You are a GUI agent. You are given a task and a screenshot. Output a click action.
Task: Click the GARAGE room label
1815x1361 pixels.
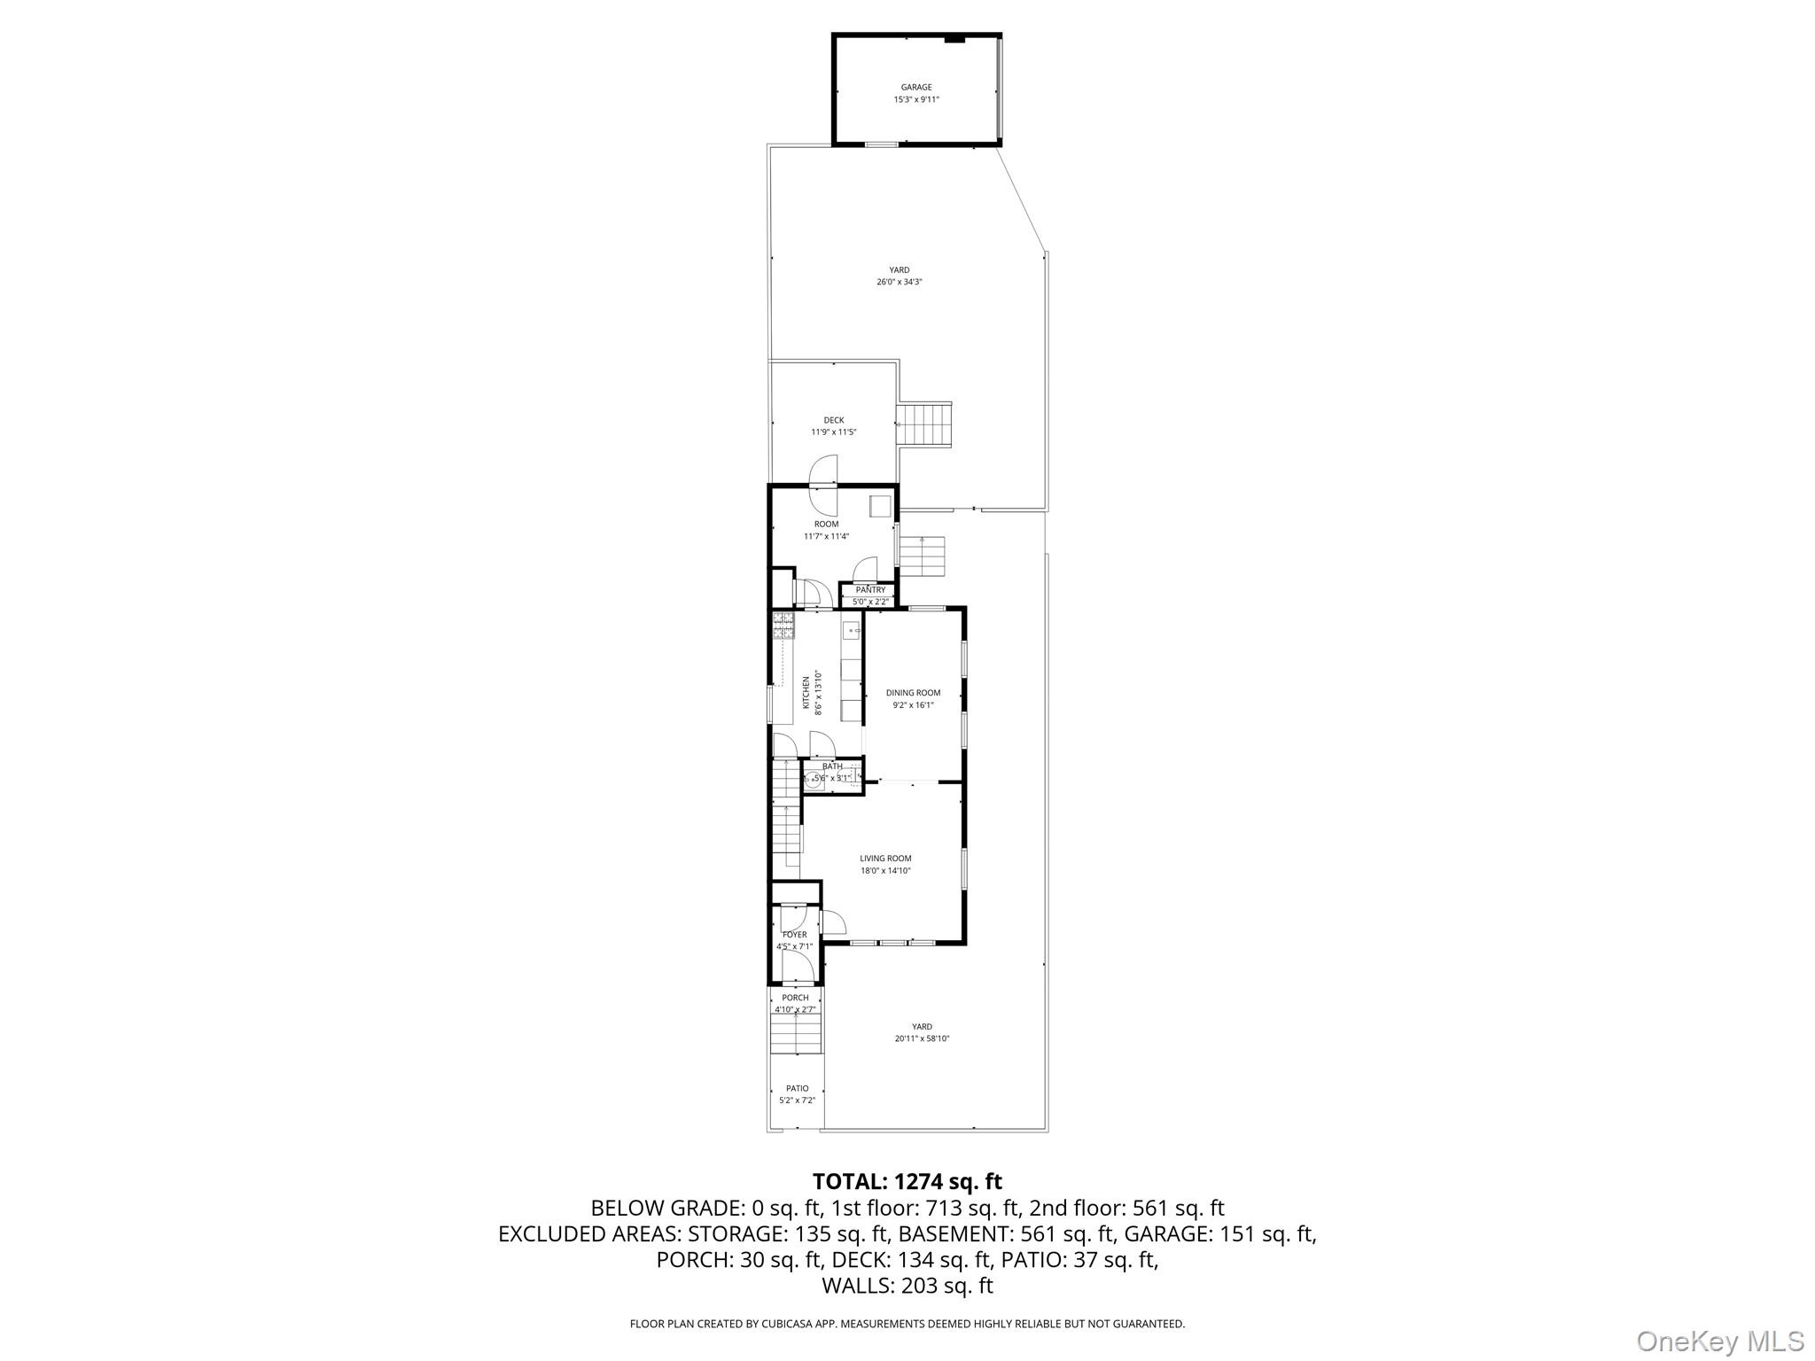coord(915,88)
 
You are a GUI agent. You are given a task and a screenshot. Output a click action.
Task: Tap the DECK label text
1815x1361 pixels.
coord(833,420)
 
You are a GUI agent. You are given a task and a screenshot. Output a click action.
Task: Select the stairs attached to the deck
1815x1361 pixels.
coord(924,425)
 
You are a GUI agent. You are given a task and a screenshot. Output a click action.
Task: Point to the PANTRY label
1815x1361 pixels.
coord(870,590)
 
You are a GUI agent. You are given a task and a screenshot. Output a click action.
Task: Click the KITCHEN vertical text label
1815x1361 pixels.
coord(806,693)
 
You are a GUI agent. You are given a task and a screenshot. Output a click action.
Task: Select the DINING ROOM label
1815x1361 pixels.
coord(913,693)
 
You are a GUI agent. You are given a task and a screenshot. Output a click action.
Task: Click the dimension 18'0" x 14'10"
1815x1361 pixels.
coord(885,871)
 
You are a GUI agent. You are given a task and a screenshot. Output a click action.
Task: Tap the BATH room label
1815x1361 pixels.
coord(832,766)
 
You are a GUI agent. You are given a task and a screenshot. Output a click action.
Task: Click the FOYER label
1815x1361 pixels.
coord(794,935)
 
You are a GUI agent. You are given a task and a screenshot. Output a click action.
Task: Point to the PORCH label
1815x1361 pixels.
coord(795,998)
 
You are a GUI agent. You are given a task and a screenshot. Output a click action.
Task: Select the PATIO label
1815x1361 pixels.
coord(797,1088)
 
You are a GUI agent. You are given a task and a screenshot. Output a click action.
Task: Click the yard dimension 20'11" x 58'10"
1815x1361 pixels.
coord(922,1038)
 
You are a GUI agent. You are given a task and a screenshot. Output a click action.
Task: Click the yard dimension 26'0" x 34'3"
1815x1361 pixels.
coord(900,282)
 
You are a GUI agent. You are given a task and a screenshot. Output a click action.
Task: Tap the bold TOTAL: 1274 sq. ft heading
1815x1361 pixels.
coord(907,1181)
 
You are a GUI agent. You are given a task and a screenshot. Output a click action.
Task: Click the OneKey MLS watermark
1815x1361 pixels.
coord(1719,1341)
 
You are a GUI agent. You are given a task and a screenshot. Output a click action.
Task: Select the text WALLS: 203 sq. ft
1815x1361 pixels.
coord(907,1286)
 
